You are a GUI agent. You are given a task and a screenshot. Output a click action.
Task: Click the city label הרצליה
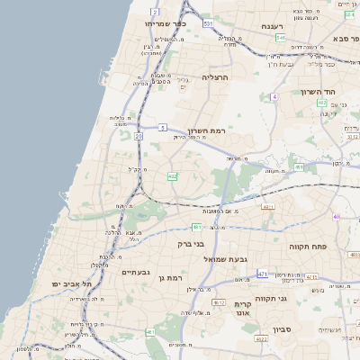point(216,78)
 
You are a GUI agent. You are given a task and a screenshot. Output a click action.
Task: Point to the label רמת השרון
point(191,130)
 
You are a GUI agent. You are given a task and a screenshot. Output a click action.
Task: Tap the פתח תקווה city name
point(309,246)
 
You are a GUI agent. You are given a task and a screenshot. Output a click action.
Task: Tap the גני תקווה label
point(270,298)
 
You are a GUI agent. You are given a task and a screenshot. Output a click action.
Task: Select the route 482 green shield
point(172,176)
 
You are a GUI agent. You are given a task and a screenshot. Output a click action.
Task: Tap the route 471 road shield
point(262,274)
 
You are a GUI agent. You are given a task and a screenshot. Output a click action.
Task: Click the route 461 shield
point(150,332)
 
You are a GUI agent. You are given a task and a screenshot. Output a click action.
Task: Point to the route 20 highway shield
point(139,136)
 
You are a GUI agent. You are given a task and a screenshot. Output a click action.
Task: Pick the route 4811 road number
point(268,207)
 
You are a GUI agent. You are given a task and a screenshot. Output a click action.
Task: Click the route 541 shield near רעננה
point(281,39)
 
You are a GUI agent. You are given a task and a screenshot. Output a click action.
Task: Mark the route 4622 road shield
point(262,339)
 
